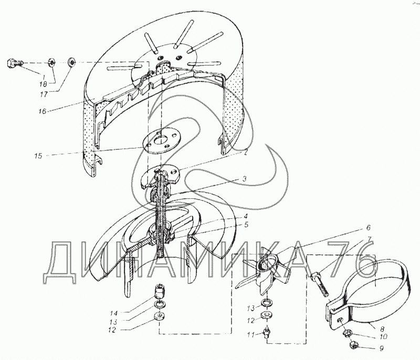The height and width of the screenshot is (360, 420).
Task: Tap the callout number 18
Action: pyautogui.click(x=43, y=84)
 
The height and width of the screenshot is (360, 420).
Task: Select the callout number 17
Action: pyautogui.click(x=45, y=94)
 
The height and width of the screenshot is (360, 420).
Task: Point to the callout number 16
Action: pyautogui.click(x=43, y=111)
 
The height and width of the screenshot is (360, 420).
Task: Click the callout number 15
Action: pyautogui.click(x=38, y=155)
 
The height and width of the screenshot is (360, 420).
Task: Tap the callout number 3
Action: pyautogui.click(x=244, y=179)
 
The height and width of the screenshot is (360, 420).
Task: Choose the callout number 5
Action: pyautogui.click(x=246, y=224)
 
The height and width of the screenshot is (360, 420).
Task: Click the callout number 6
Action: pyautogui.click(x=369, y=228)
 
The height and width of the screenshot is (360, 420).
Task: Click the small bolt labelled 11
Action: pyautogui.click(x=267, y=332)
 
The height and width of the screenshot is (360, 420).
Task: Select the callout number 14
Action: pyautogui.click(x=113, y=312)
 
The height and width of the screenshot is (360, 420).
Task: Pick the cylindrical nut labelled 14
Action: pyautogui.click(x=160, y=291)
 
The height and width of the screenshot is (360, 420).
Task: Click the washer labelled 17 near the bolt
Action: pyautogui.click(x=72, y=62)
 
